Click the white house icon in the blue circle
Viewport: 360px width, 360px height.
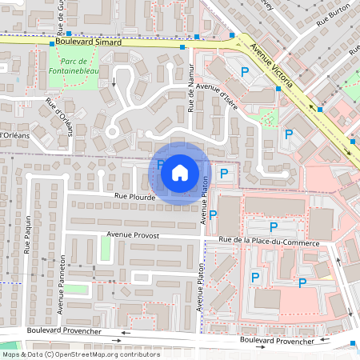180,171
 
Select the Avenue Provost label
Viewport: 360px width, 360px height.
133,236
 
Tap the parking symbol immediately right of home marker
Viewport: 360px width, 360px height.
224,173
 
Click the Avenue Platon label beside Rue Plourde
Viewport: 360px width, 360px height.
204,199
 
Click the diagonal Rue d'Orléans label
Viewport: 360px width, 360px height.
58,117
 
